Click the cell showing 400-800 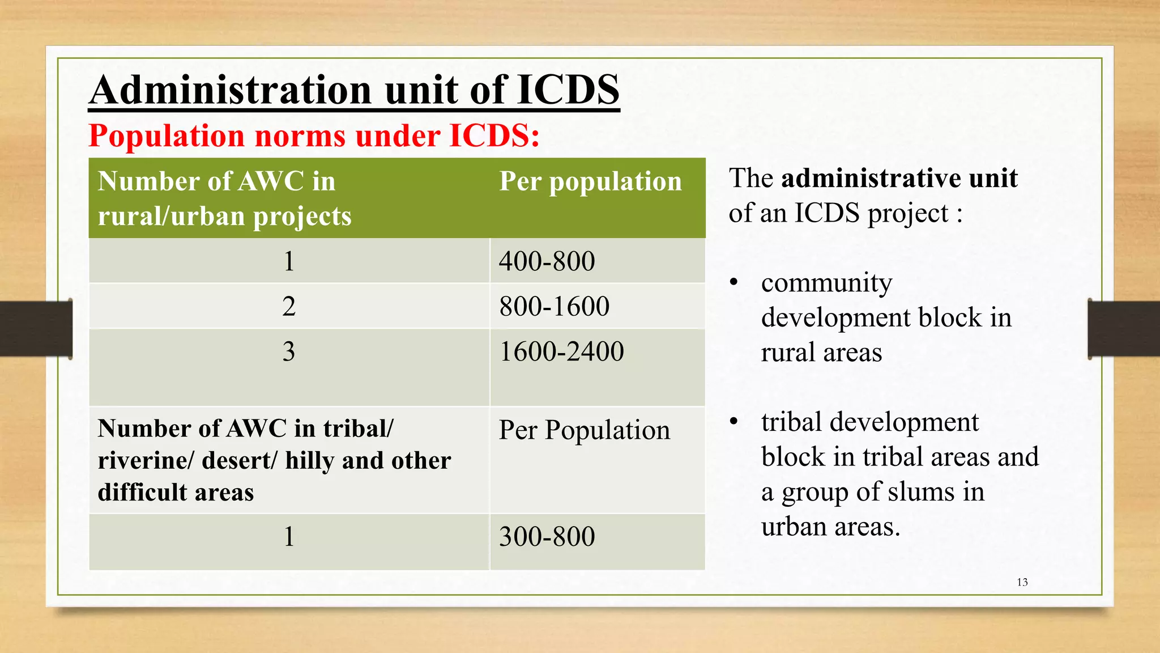(547, 261)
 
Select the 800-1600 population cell (554, 307)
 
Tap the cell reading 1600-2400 (561, 351)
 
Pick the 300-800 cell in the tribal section (547, 537)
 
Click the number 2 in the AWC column (289, 307)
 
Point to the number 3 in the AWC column (289, 351)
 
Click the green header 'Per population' (590, 182)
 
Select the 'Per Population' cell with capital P (584, 430)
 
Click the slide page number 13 (1022, 582)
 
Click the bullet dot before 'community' (734, 282)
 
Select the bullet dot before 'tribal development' (734, 422)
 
